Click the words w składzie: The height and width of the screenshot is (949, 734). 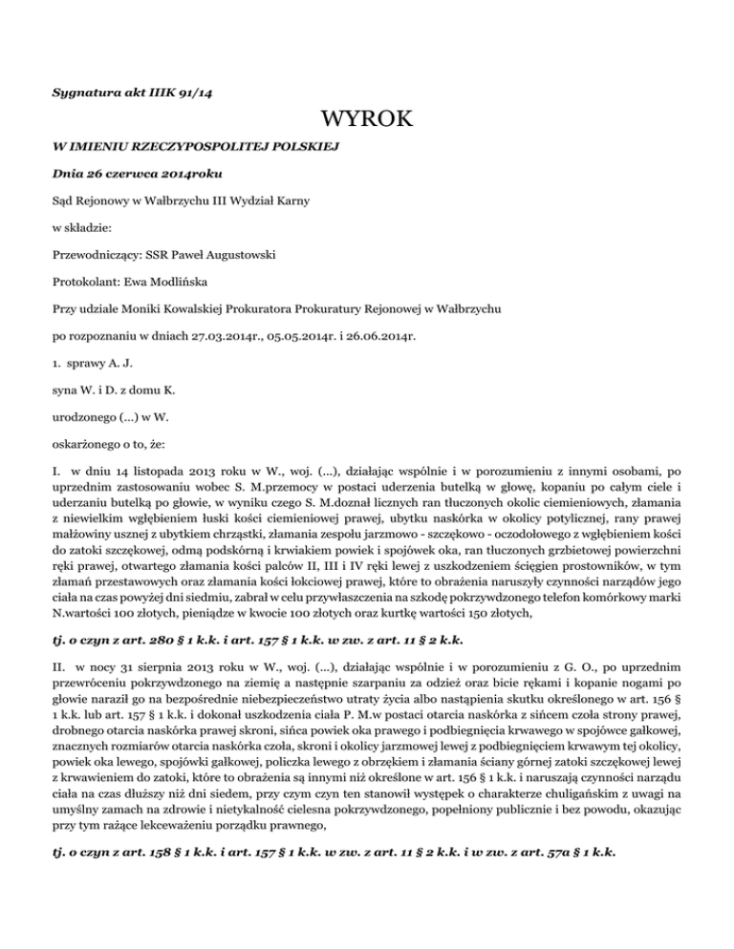(78, 228)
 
